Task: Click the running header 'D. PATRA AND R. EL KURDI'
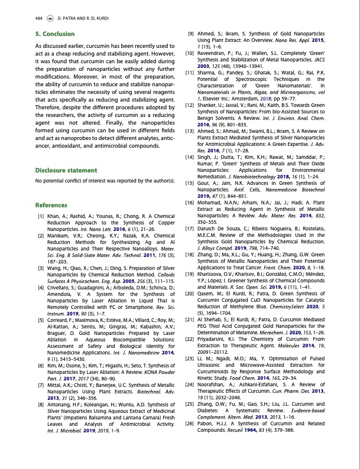(x=80, y=18)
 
